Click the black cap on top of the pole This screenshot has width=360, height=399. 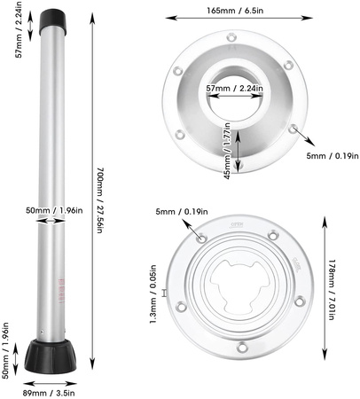[x=52, y=20]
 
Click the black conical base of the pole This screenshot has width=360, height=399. [x=51, y=356]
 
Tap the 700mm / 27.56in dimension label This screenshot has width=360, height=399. [x=100, y=200]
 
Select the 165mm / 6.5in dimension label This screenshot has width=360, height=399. [x=235, y=11]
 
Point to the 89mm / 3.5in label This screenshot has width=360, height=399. [x=49, y=393]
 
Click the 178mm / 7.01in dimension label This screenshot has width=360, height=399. [x=332, y=290]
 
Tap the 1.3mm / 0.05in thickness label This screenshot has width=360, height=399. [x=153, y=294]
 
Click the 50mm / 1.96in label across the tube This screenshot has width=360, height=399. [x=54, y=211]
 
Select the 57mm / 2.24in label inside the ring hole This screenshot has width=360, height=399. [x=234, y=88]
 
